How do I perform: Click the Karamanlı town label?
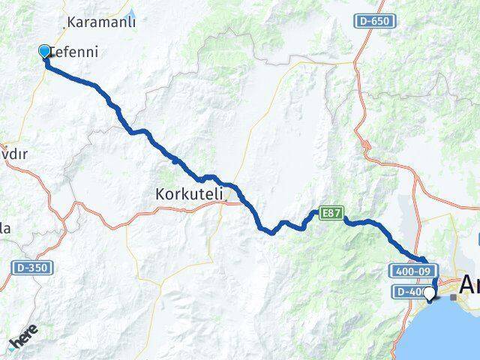pos(101,22)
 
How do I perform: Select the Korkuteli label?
pos(190,193)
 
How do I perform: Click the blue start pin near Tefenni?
pos(44,51)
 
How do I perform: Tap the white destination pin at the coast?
pos(429,293)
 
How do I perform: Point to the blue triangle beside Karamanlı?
pos(132,12)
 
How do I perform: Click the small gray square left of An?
pos(453,298)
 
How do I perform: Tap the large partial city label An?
pos(470,286)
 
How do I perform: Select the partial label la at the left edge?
pos(4,229)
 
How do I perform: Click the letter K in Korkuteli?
pos(160,193)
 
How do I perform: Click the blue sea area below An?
pos(457,330)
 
